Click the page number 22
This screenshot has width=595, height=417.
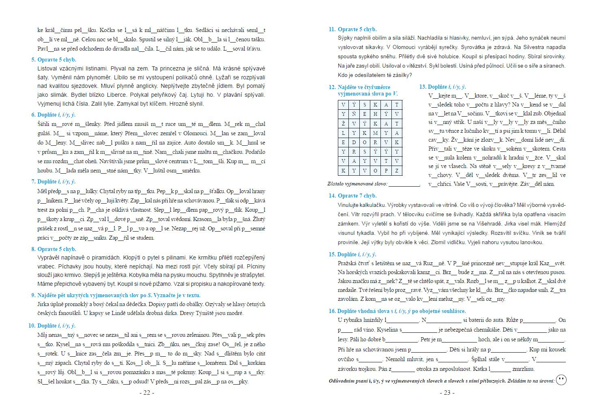click(146, 393)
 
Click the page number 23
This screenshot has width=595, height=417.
click(447, 393)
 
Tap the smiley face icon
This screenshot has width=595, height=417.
click(561, 380)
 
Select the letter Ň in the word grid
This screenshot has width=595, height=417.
click(354, 114)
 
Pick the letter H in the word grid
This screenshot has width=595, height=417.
click(375, 114)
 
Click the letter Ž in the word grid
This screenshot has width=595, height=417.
click(343, 123)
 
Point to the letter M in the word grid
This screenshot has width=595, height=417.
click(375, 133)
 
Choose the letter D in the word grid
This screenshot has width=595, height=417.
click(354, 142)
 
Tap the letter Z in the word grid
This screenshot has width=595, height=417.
click(397, 170)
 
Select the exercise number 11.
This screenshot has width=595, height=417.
click(332, 29)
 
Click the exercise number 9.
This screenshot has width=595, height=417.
click(33, 295)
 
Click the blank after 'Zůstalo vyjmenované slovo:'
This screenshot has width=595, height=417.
click(404, 184)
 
